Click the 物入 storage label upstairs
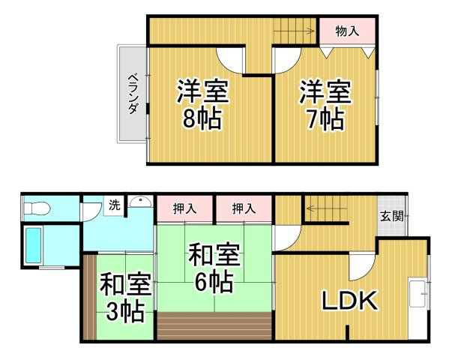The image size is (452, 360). pyautogui.click(x=347, y=31)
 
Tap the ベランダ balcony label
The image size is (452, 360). pyautogui.click(x=133, y=94)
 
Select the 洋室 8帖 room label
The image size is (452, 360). pyautogui.click(x=202, y=104)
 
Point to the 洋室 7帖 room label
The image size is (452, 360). pyautogui.click(x=325, y=105)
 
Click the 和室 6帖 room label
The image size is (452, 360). pyautogui.click(x=214, y=268)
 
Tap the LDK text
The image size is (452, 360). pyautogui.click(x=349, y=300)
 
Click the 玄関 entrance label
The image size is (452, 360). pyautogui.click(x=392, y=216)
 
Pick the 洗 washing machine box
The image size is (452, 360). pyautogui.click(x=114, y=205)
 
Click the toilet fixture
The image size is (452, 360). pyautogui.click(x=37, y=208)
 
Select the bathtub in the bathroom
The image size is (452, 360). pyautogui.click(x=34, y=245)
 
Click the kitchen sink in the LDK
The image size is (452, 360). pyautogui.click(x=418, y=294)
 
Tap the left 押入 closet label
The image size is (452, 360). pyautogui.click(x=185, y=208)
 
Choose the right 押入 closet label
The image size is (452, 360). pyautogui.click(x=244, y=208)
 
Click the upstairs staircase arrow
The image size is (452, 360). pyautogui.click(x=294, y=31)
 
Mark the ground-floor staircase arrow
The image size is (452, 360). pyautogui.click(x=327, y=208)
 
